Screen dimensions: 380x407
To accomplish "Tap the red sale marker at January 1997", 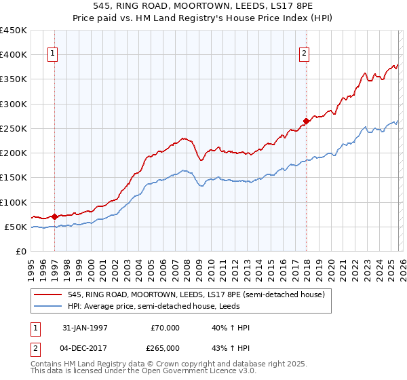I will [54, 216].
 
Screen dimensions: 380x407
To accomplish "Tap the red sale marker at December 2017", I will [306, 121].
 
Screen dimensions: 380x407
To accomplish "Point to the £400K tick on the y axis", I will [14, 55].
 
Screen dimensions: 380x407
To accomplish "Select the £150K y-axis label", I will [14, 178].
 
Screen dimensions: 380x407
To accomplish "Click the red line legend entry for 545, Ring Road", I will [197, 294].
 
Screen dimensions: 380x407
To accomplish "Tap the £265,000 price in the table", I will [166, 347].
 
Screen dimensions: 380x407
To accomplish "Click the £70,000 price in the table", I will [166, 328].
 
